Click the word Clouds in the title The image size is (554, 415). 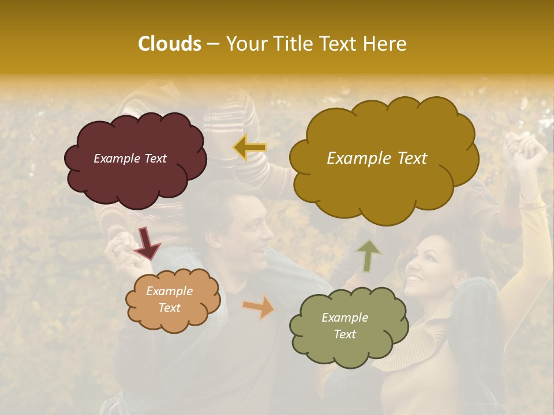point(170,44)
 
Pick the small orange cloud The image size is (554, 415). point(173,300)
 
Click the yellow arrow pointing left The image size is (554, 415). point(250,148)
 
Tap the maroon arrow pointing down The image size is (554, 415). point(148,244)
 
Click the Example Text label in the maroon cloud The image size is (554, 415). point(130,159)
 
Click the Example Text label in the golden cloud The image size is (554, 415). point(377,159)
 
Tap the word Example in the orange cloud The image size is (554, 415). point(169,291)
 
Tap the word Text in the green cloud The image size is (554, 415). point(345,334)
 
